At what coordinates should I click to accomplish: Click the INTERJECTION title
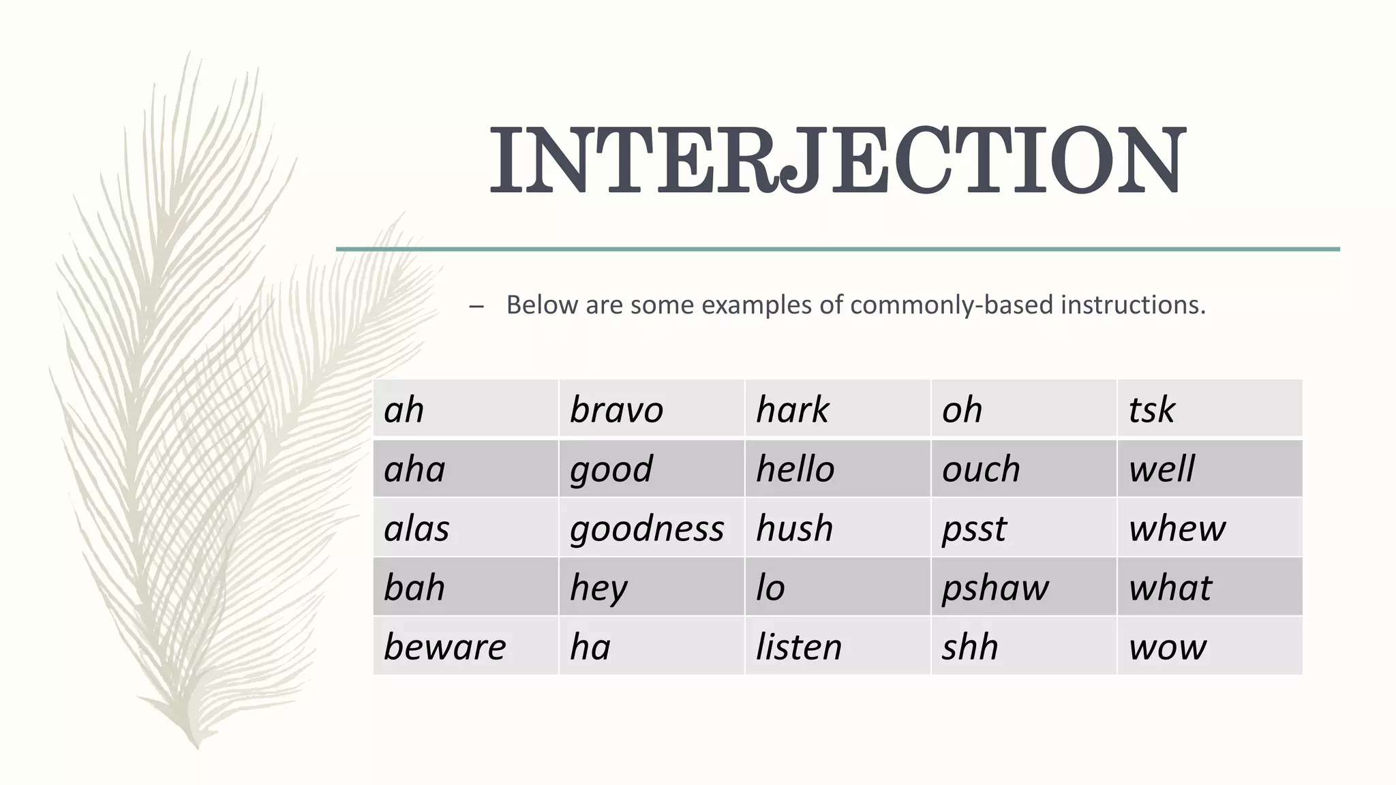click(x=838, y=161)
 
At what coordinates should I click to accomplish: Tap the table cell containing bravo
click(x=616, y=410)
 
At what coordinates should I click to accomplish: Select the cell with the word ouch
click(x=981, y=469)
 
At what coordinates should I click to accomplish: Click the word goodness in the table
click(x=646, y=529)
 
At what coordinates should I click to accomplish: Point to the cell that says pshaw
click(x=995, y=587)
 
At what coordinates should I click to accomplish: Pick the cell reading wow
click(x=1167, y=647)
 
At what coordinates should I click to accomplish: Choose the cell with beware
click(x=444, y=647)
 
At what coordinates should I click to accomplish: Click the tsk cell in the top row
click(x=1151, y=410)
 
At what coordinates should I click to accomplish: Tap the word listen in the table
click(x=799, y=647)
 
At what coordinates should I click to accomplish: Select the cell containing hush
click(x=795, y=528)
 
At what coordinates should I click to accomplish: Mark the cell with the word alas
click(x=416, y=528)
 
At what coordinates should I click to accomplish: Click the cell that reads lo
click(x=770, y=587)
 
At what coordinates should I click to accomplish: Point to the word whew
click(x=1177, y=528)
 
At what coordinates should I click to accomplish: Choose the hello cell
click(x=795, y=469)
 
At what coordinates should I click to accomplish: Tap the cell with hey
click(x=598, y=587)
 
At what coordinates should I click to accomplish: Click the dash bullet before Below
click(x=476, y=307)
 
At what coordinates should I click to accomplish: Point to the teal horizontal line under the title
click(x=838, y=249)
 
